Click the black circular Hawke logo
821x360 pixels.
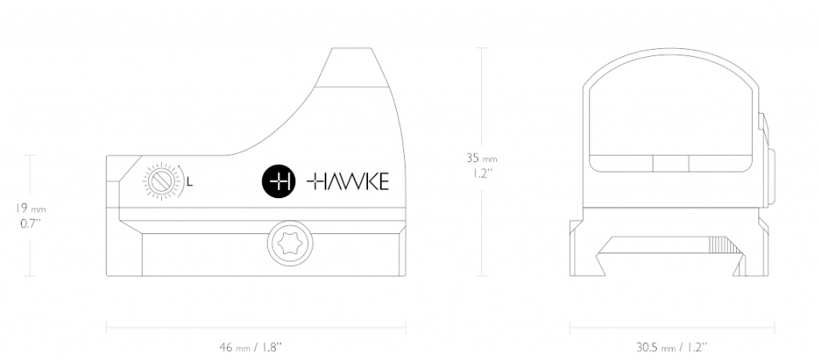[278, 182]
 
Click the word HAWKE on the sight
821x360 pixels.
[347, 182]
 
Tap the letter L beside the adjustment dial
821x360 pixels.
[190, 183]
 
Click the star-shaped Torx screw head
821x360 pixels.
[290, 245]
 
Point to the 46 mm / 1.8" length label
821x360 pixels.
[251, 347]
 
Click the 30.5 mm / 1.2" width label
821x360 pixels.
[673, 347]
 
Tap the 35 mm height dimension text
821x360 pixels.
[482, 157]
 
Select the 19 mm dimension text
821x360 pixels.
[30, 208]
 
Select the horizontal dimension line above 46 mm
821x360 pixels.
[256, 328]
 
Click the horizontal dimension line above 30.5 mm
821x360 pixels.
[673, 328]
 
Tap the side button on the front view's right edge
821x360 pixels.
[771, 177]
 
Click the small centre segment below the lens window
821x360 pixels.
[670, 164]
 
